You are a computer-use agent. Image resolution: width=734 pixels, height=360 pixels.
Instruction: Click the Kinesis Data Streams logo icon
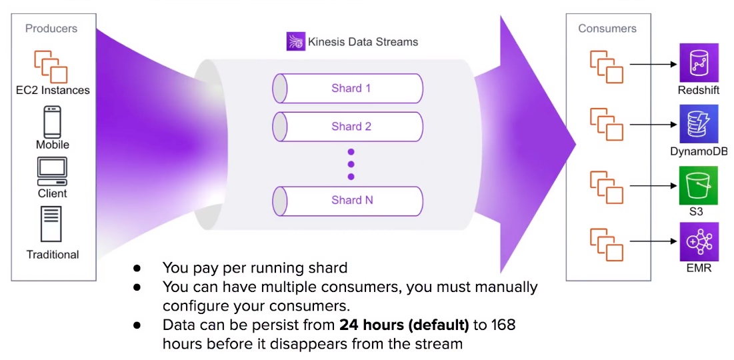[296, 41]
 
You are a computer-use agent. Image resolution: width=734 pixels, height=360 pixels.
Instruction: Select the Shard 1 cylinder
[348, 88]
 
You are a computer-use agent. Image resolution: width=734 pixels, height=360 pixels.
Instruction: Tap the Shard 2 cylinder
[348, 127]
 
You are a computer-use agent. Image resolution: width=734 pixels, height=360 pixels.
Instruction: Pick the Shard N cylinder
[348, 201]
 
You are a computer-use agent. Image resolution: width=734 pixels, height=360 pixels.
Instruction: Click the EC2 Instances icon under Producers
[51, 67]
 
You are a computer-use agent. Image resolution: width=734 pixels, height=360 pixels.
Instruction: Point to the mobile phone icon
[53, 122]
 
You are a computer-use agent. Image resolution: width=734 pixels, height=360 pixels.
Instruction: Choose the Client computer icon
[53, 171]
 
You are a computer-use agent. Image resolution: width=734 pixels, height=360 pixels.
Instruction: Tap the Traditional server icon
[51, 224]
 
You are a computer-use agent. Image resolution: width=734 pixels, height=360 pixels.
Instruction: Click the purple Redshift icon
[699, 63]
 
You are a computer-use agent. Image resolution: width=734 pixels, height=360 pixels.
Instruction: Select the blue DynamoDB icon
[699, 123]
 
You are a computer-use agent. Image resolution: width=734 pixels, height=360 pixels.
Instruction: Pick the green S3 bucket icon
[699, 185]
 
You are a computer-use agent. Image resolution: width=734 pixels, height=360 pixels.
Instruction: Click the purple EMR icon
[699, 242]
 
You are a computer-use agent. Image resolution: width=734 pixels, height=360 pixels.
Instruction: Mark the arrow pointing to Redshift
[654, 64]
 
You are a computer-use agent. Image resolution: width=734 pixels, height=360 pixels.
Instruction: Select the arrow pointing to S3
[654, 186]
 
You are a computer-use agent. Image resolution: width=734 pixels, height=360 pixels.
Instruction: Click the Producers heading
[51, 29]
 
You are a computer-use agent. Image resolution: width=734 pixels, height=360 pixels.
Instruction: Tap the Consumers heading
[607, 29]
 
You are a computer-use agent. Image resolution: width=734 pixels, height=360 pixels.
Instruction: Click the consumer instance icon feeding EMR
[607, 245]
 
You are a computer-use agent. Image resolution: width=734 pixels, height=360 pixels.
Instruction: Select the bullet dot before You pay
[137, 269]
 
